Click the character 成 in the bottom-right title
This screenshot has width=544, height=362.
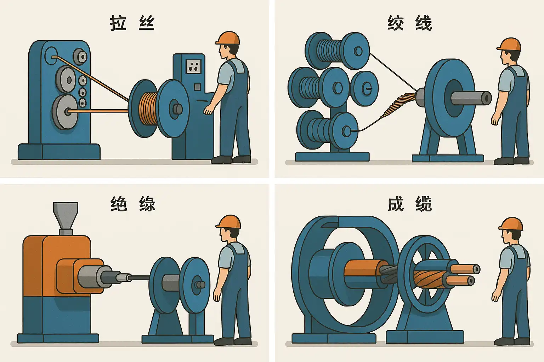(x=396, y=204)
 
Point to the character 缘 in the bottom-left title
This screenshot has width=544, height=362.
(x=147, y=204)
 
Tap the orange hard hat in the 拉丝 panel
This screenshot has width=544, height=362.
(x=227, y=38)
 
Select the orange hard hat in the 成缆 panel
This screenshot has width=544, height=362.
(x=510, y=224)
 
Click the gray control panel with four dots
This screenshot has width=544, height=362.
(x=194, y=67)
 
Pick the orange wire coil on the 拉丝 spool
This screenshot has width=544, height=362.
(x=149, y=109)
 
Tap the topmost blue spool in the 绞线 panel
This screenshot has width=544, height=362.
(x=337, y=51)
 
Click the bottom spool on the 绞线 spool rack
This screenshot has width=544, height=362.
(x=327, y=130)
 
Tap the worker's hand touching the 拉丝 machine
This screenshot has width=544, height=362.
(x=208, y=110)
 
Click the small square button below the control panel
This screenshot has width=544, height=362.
(x=197, y=87)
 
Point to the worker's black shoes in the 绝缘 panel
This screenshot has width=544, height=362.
(x=232, y=341)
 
